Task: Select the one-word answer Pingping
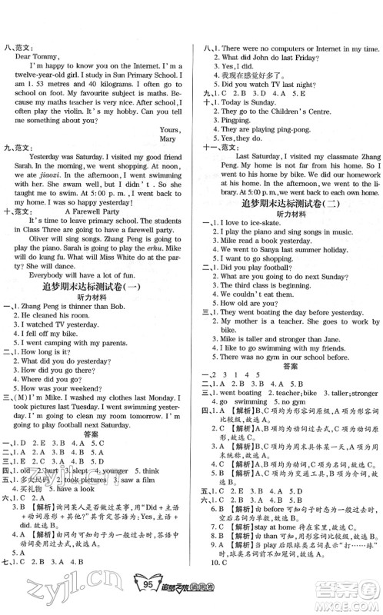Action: click(231, 122)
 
